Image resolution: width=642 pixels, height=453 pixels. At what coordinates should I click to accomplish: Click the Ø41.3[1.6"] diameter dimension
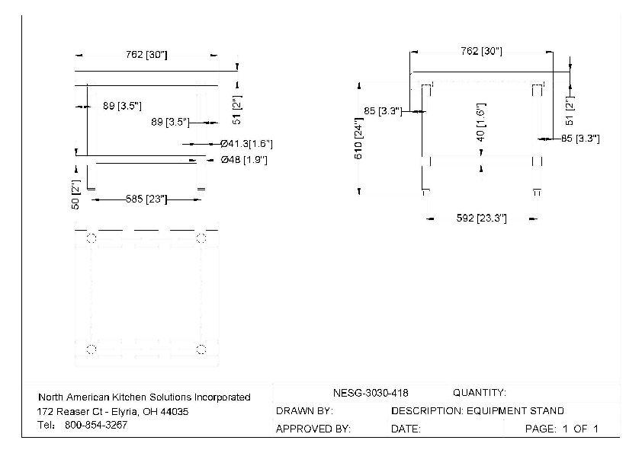(x=246, y=143)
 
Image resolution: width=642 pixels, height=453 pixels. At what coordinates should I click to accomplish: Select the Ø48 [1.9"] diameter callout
(x=244, y=160)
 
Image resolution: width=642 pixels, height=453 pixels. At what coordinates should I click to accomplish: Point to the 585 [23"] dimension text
(x=146, y=199)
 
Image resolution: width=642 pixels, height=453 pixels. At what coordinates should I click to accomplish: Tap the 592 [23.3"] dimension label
(x=481, y=219)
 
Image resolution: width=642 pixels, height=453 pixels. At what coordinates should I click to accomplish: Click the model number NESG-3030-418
(x=371, y=393)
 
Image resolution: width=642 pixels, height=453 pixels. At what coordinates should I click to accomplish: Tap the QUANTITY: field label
(x=480, y=393)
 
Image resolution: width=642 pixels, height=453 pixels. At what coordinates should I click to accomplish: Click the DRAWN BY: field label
(x=304, y=410)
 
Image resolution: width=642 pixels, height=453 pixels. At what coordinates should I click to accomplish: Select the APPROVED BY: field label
(x=313, y=429)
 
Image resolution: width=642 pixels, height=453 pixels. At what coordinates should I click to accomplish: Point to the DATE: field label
(x=406, y=429)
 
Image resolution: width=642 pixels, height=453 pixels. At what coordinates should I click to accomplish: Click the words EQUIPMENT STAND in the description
(x=515, y=410)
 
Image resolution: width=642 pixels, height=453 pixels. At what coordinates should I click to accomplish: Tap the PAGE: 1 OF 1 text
(x=562, y=429)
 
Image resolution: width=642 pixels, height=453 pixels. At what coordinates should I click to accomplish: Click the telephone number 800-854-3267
(x=96, y=425)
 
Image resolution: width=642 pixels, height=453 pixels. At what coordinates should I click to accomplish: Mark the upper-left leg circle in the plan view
(x=91, y=238)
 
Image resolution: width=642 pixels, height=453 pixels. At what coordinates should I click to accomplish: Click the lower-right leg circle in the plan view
(x=201, y=349)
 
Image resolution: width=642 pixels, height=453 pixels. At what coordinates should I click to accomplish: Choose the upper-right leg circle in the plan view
(x=201, y=238)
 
